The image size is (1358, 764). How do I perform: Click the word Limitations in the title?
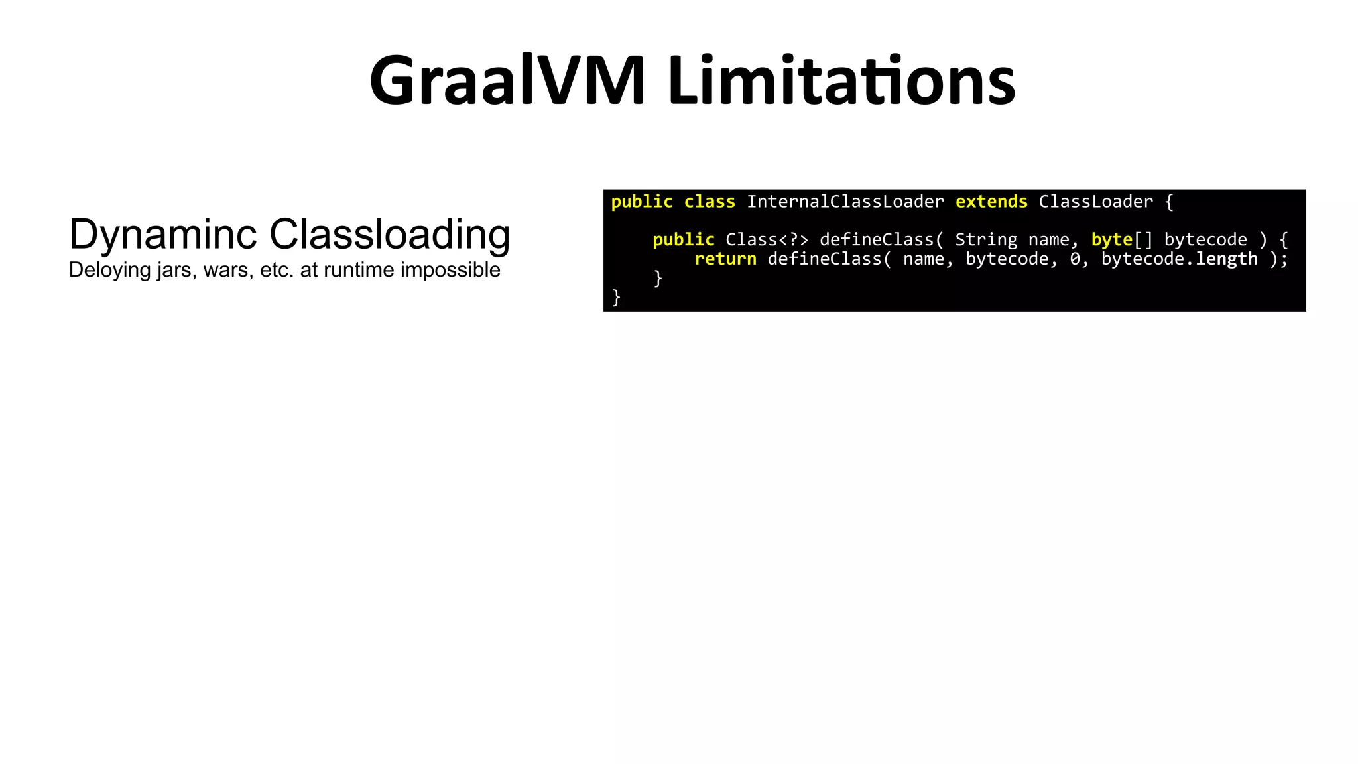coord(841,81)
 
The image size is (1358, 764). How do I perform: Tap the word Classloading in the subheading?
coord(390,234)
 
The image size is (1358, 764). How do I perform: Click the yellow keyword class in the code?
coord(710,202)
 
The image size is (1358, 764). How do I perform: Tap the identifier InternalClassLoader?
coord(845,202)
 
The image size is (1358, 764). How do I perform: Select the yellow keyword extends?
coord(991,202)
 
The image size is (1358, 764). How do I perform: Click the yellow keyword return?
coord(725,259)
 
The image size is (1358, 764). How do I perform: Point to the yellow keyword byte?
coord(1112,239)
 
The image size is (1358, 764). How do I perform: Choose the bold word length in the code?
coord(1227,259)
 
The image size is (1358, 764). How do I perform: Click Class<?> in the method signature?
coord(767,239)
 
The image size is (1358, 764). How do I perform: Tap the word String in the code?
coord(986,239)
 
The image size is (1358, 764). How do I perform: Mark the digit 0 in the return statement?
coord(1075,259)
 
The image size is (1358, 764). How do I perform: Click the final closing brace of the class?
coord(616,296)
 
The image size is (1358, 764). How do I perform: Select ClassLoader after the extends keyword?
coord(1095,202)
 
